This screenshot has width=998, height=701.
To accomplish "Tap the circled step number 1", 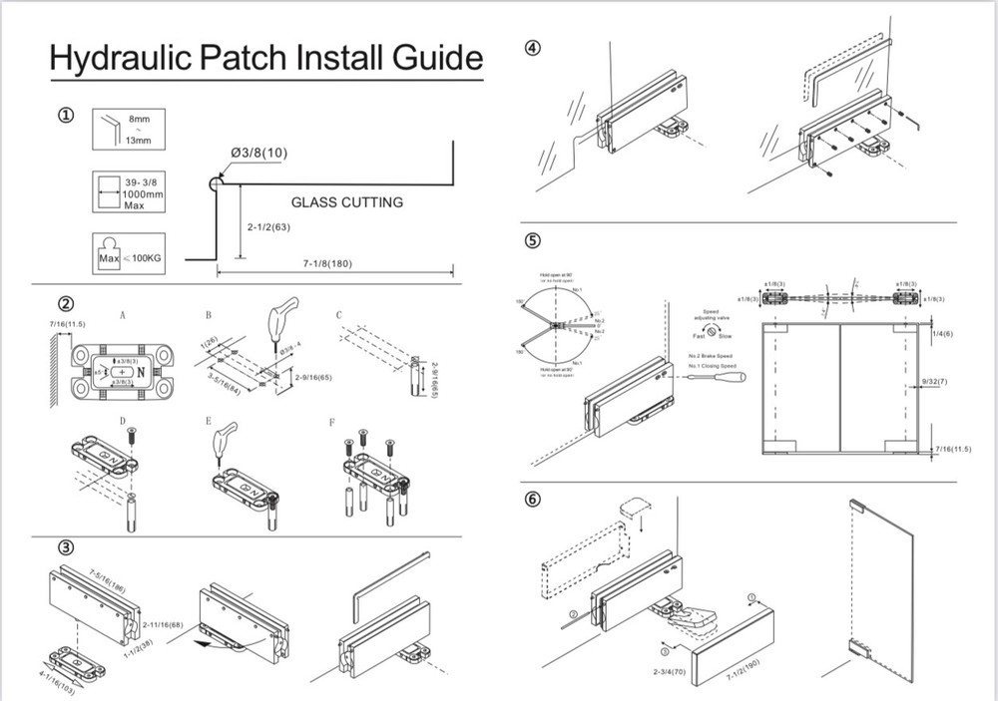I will click(x=66, y=116).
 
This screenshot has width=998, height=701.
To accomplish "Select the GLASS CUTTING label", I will click(x=346, y=202).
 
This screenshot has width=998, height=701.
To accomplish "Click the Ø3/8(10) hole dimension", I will click(x=258, y=152).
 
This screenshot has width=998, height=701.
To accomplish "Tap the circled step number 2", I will click(x=66, y=303).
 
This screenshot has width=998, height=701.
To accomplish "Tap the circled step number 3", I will click(x=66, y=546).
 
